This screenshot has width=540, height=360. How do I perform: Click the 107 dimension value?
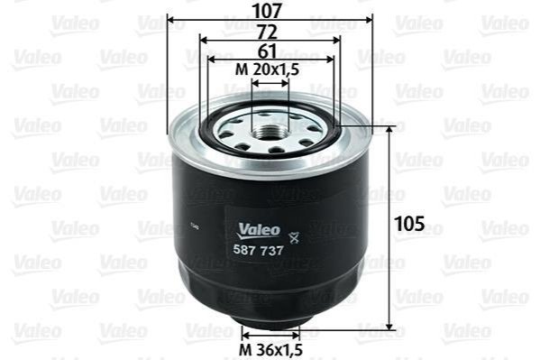pyautogui.click(x=267, y=11)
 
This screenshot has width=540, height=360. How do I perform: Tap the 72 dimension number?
pyautogui.click(x=267, y=32)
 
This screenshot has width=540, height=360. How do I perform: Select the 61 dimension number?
pyautogui.click(x=267, y=51)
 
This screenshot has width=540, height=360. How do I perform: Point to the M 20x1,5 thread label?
pyautogui.click(x=267, y=69)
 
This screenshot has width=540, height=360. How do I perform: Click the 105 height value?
pyautogui.click(x=410, y=224)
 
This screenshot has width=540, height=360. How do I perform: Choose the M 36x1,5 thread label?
pyautogui.click(x=270, y=350)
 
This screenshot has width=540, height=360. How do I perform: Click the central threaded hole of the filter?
pyautogui.click(x=268, y=132)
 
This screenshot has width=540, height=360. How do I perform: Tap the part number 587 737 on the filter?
pyautogui.click(x=259, y=250)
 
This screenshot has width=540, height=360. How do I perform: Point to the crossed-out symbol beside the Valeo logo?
pyautogui.click(x=294, y=237)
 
